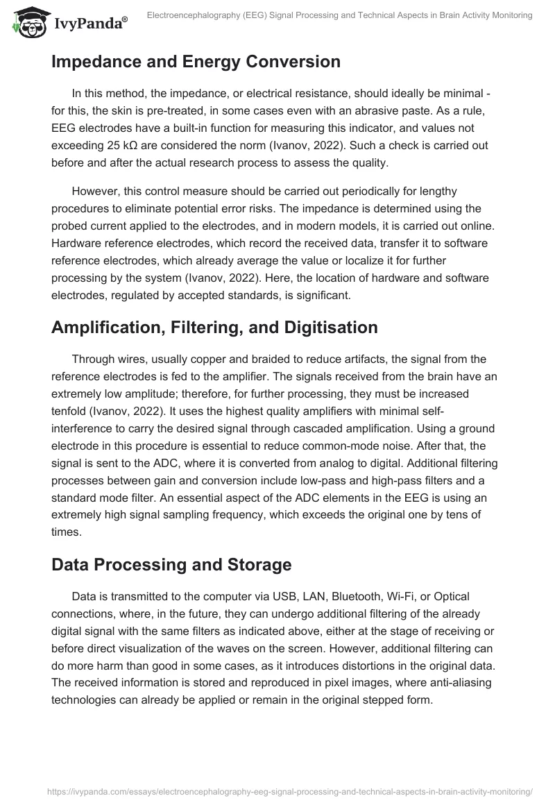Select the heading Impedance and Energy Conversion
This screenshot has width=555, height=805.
point(196,62)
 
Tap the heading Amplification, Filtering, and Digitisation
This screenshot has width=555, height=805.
point(214,328)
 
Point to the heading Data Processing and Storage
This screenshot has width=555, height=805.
point(171,565)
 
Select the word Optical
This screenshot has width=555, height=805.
point(450,596)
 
